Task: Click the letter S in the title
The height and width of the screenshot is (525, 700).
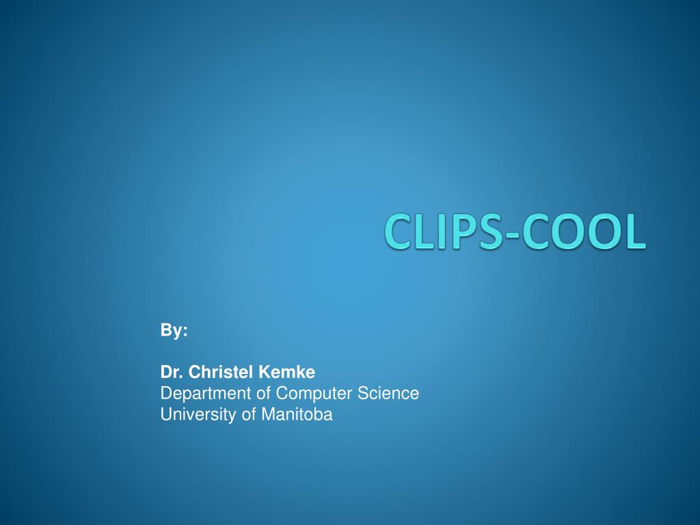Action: (x=494, y=231)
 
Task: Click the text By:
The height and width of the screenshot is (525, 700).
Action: (x=174, y=331)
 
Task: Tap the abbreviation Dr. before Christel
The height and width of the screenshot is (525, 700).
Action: (x=172, y=373)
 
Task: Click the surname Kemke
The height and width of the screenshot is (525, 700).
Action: (x=287, y=373)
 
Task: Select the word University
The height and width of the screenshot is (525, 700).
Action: (x=191, y=414)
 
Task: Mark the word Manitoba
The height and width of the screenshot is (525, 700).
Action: (x=296, y=414)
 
